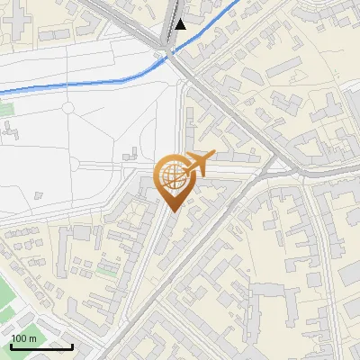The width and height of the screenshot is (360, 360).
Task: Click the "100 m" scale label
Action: (23, 338)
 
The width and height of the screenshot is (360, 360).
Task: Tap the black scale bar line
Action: (41, 346)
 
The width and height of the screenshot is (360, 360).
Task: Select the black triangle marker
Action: (181, 23)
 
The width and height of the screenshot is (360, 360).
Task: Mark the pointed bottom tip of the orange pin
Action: (173, 212)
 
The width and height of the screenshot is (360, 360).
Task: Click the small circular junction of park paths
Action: (67, 108)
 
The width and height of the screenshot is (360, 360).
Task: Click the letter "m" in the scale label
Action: (31, 338)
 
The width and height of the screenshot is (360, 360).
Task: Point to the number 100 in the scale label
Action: (19, 338)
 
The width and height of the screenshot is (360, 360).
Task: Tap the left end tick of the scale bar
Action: (11, 345)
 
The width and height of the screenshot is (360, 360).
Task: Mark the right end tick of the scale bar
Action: (72, 345)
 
